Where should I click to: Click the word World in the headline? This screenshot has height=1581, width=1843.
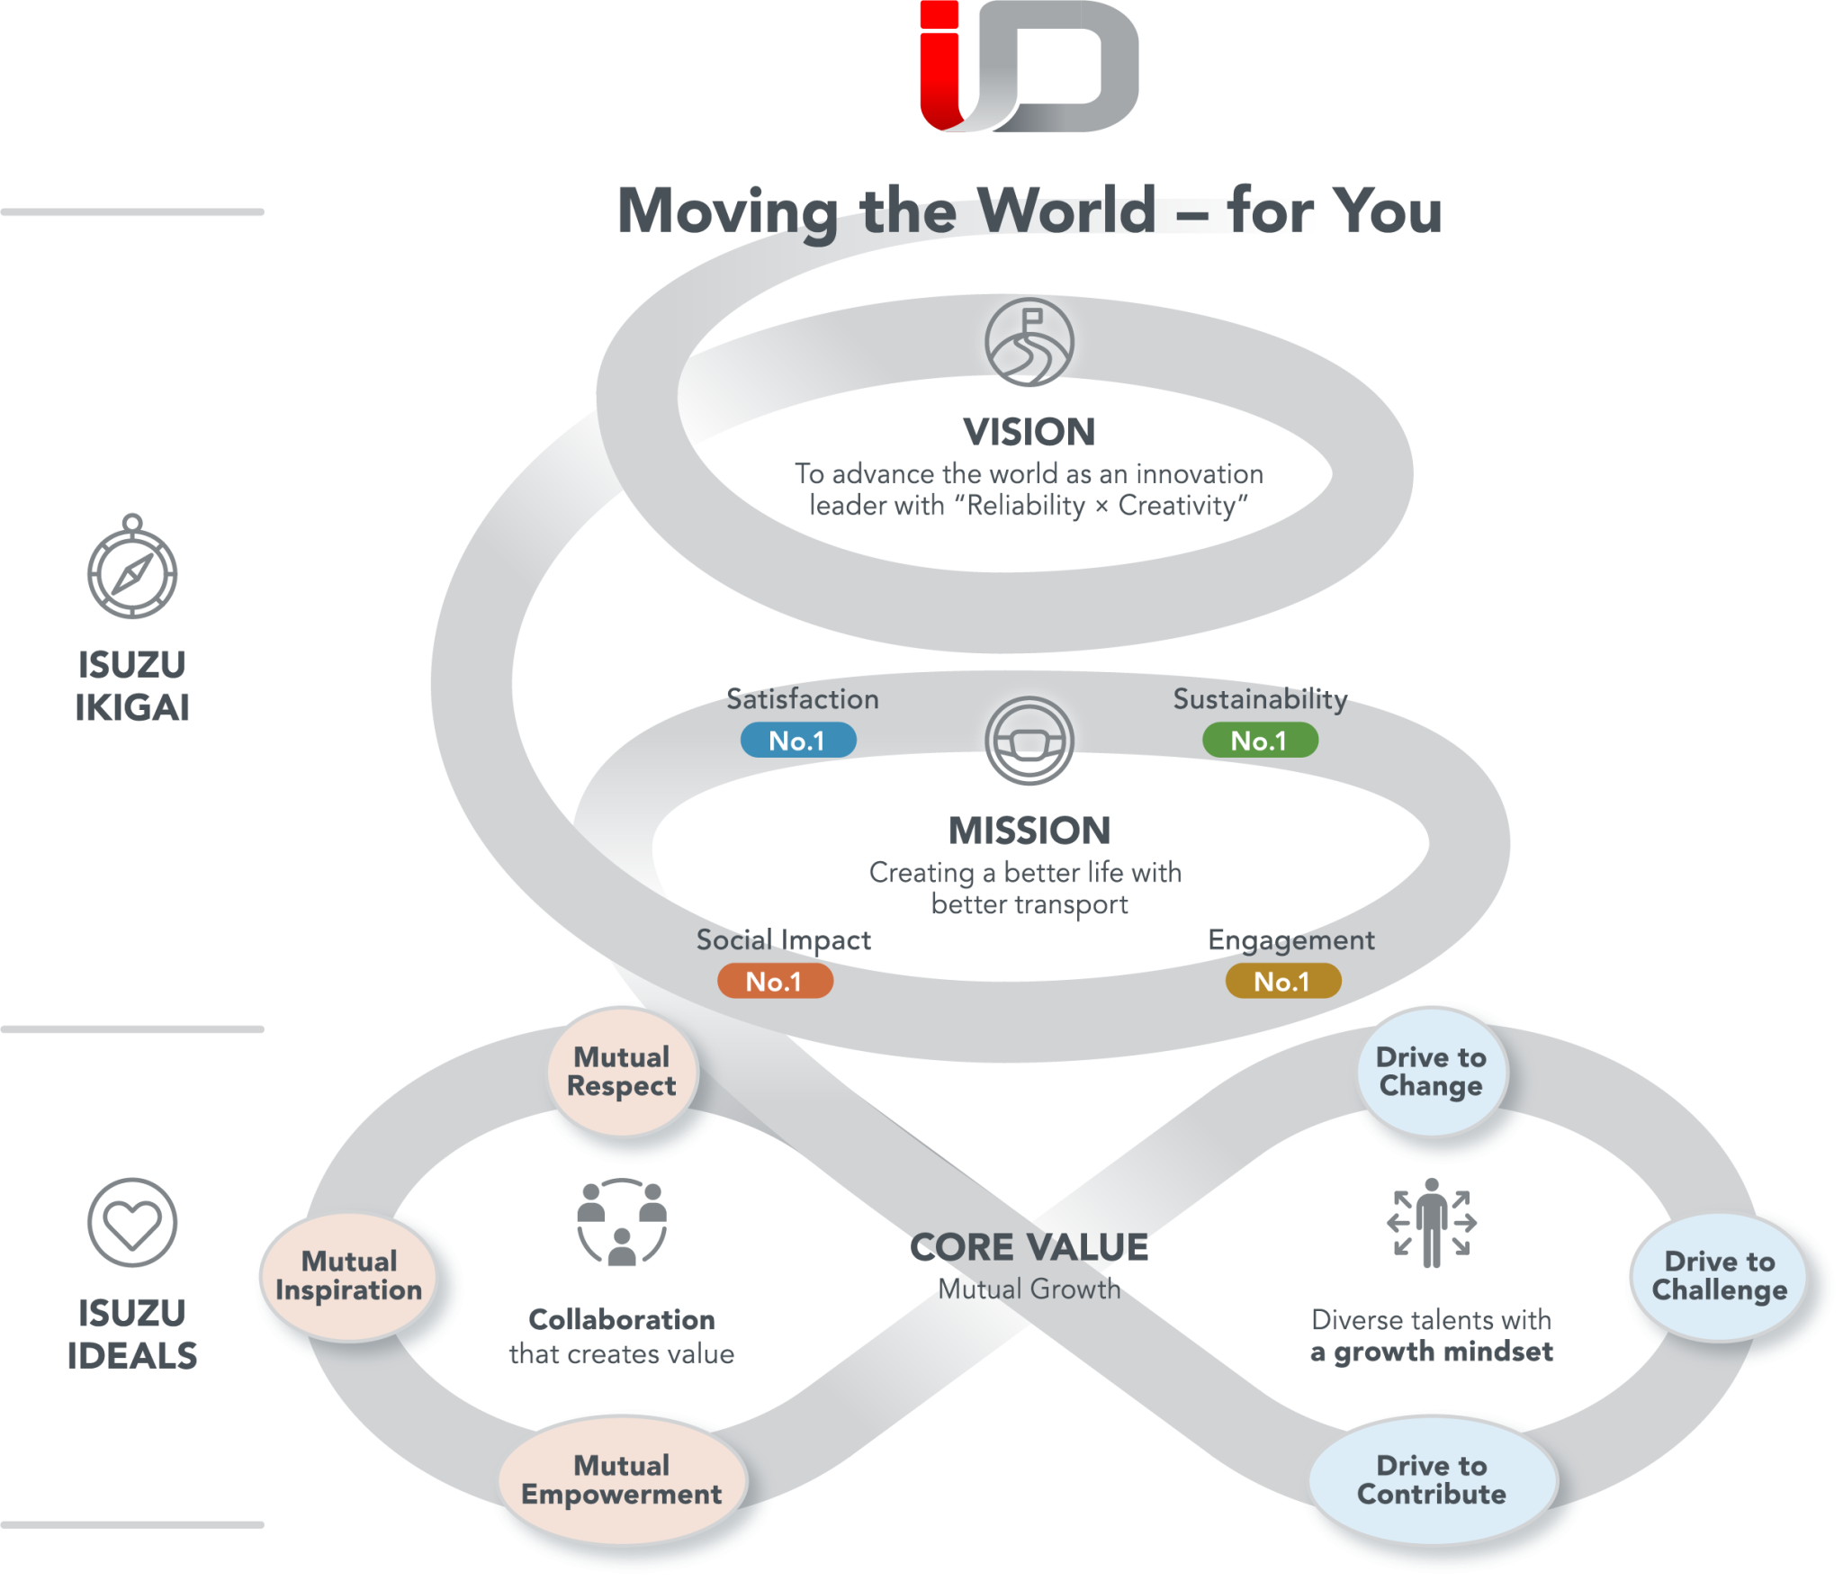(1066, 211)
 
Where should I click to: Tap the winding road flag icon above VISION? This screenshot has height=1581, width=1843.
(1029, 343)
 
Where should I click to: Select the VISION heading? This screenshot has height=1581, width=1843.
(1029, 432)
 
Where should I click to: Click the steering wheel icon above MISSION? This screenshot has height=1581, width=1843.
(1029, 741)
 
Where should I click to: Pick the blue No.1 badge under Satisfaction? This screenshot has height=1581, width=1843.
(797, 741)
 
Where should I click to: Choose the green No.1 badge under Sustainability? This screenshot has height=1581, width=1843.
(1259, 741)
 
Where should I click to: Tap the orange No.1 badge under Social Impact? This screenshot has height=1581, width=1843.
(774, 981)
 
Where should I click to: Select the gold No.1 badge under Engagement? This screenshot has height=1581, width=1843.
(1282, 981)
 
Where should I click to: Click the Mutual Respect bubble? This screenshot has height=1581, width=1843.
(621, 1072)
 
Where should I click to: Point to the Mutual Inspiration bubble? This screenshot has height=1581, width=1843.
(349, 1276)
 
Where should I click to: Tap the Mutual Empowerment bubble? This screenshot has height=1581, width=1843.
(622, 1480)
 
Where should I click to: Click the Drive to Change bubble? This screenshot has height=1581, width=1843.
(1431, 1072)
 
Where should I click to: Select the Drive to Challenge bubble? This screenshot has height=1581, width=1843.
(1719, 1276)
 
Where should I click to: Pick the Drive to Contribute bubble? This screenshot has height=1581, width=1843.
(1432, 1480)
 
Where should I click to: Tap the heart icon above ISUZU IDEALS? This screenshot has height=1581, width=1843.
(132, 1222)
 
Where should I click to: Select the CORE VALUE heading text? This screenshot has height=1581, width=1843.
(1029, 1248)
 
